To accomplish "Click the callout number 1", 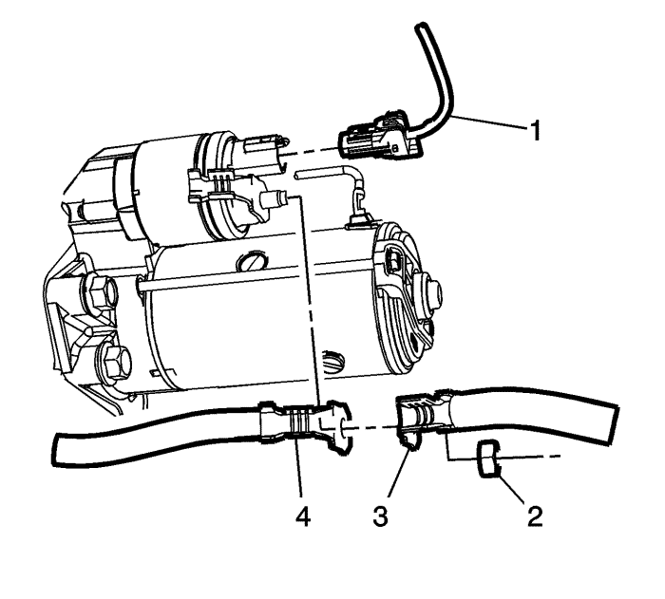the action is click(x=536, y=130).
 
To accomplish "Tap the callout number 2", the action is click(x=535, y=516).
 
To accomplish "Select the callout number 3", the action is click(x=380, y=516).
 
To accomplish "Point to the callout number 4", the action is click(x=303, y=516).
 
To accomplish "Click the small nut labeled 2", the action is click(x=488, y=459).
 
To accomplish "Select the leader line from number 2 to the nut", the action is click(x=513, y=491).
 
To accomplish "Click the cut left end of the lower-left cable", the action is click(x=56, y=448).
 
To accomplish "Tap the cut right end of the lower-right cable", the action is click(x=615, y=425).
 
